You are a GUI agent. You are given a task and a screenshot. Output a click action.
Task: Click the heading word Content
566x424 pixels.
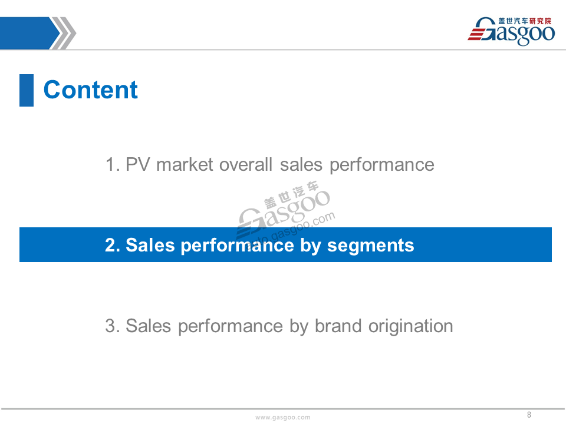(x=90, y=90)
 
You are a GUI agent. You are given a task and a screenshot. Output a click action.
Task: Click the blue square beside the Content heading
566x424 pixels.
(x=27, y=90)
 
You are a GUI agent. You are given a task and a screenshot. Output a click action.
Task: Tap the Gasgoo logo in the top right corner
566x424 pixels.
(x=511, y=31)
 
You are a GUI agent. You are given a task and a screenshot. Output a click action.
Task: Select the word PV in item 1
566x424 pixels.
(x=137, y=165)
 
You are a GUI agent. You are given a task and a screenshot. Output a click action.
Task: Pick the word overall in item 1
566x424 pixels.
(x=245, y=165)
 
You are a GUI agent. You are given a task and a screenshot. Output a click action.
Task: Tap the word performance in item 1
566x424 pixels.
(x=382, y=165)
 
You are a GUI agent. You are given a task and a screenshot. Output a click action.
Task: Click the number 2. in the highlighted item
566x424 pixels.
(x=112, y=245)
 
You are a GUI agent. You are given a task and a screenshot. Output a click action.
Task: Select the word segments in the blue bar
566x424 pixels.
(x=370, y=246)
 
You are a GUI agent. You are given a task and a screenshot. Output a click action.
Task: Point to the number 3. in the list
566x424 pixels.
(x=112, y=326)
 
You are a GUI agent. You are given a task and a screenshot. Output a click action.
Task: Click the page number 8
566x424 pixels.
(x=529, y=415)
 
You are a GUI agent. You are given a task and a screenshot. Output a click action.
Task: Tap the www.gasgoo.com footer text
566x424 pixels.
(x=282, y=417)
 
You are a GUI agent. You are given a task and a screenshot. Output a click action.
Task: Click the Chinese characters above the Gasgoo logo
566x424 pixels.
(x=525, y=21)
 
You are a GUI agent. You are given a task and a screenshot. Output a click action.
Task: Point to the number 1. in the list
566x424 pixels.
(x=112, y=165)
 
